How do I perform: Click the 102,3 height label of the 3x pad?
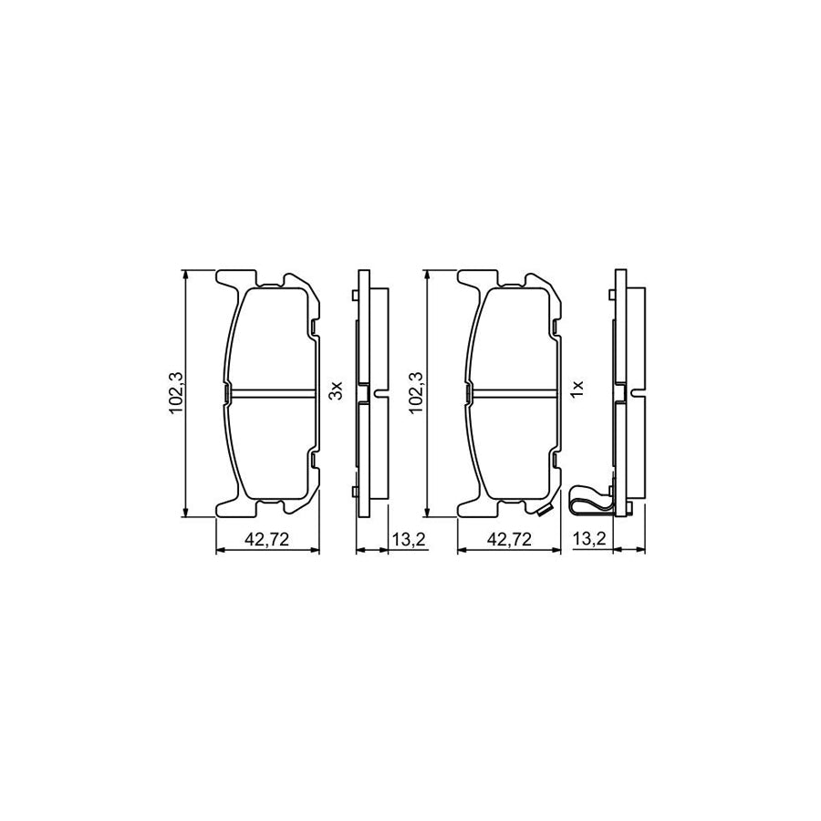tap(177, 395)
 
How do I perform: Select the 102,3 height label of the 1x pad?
tap(418, 395)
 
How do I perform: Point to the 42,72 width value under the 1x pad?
tap(509, 540)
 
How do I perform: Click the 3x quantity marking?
tap(336, 392)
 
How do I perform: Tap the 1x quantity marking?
tap(577, 392)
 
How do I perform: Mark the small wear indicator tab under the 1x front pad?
tap(546, 510)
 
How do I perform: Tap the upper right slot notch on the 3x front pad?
tap(314, 327)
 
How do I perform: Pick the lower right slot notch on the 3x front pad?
tap(314, 459)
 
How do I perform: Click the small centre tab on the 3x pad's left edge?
tap(226, 393)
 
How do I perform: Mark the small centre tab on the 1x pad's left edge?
tap(468, 393)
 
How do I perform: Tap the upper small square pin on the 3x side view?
tap(355, 295)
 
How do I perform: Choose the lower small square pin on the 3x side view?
tap(355, 493)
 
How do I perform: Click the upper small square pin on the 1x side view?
tap(608, 295)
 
